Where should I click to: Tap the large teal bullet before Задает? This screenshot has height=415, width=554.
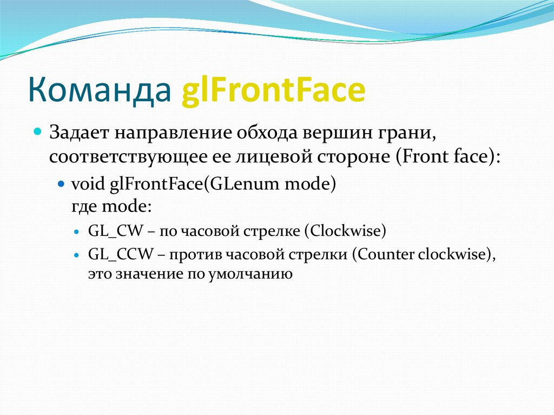coord(38,131)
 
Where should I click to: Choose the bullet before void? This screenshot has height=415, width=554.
coord(62,184)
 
